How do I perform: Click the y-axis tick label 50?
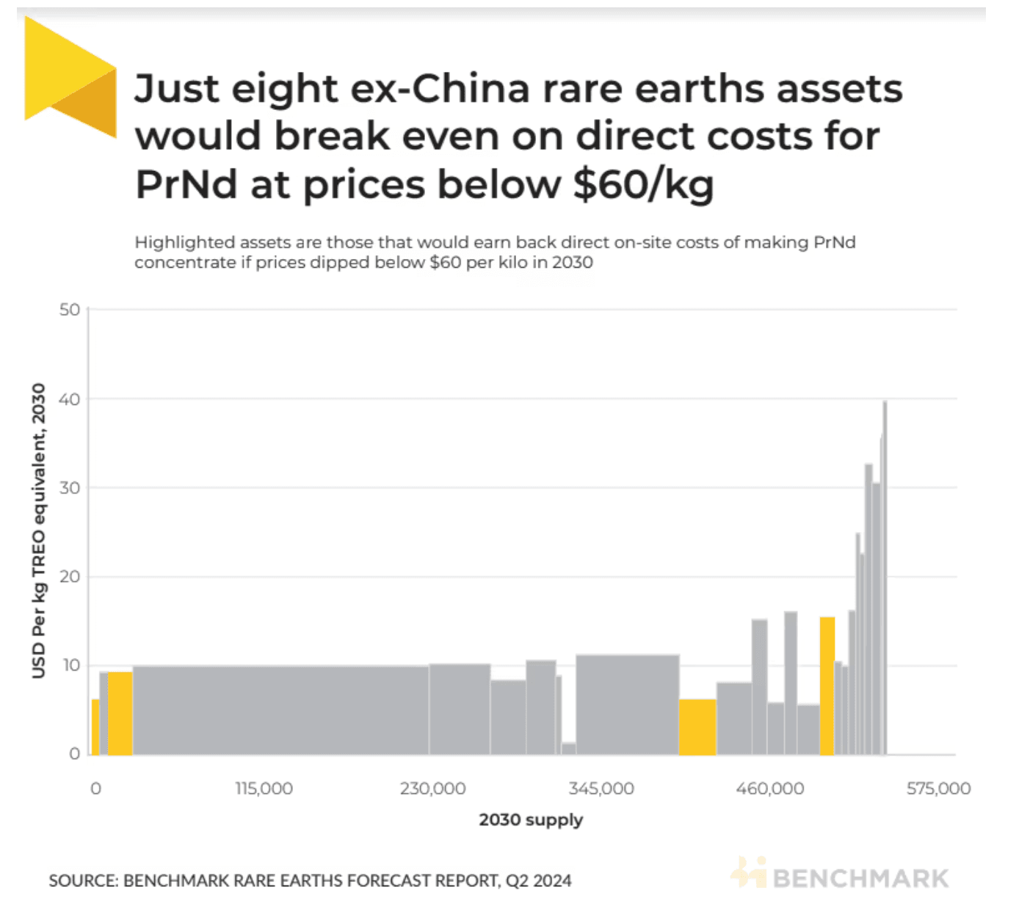[x=69, y=310]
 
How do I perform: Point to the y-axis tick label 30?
[x=69, y=488]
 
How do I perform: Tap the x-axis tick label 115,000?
[x=264, y=789]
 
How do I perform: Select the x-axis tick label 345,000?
[x=601, y=789]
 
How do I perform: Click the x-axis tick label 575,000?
[x=938, y=789]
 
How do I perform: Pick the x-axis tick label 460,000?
[x=769, y=789]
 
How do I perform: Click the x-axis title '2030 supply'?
[x=531, y=820]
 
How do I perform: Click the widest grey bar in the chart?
[x=280, y=710]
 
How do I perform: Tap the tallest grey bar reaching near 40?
[x=885, y=580]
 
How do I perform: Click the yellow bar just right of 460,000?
[x=827, y=686]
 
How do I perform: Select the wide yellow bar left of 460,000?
[x=697, y=727]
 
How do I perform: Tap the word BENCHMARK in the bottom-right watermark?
[x=860, y=878]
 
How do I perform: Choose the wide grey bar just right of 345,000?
[x=628, y=704]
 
